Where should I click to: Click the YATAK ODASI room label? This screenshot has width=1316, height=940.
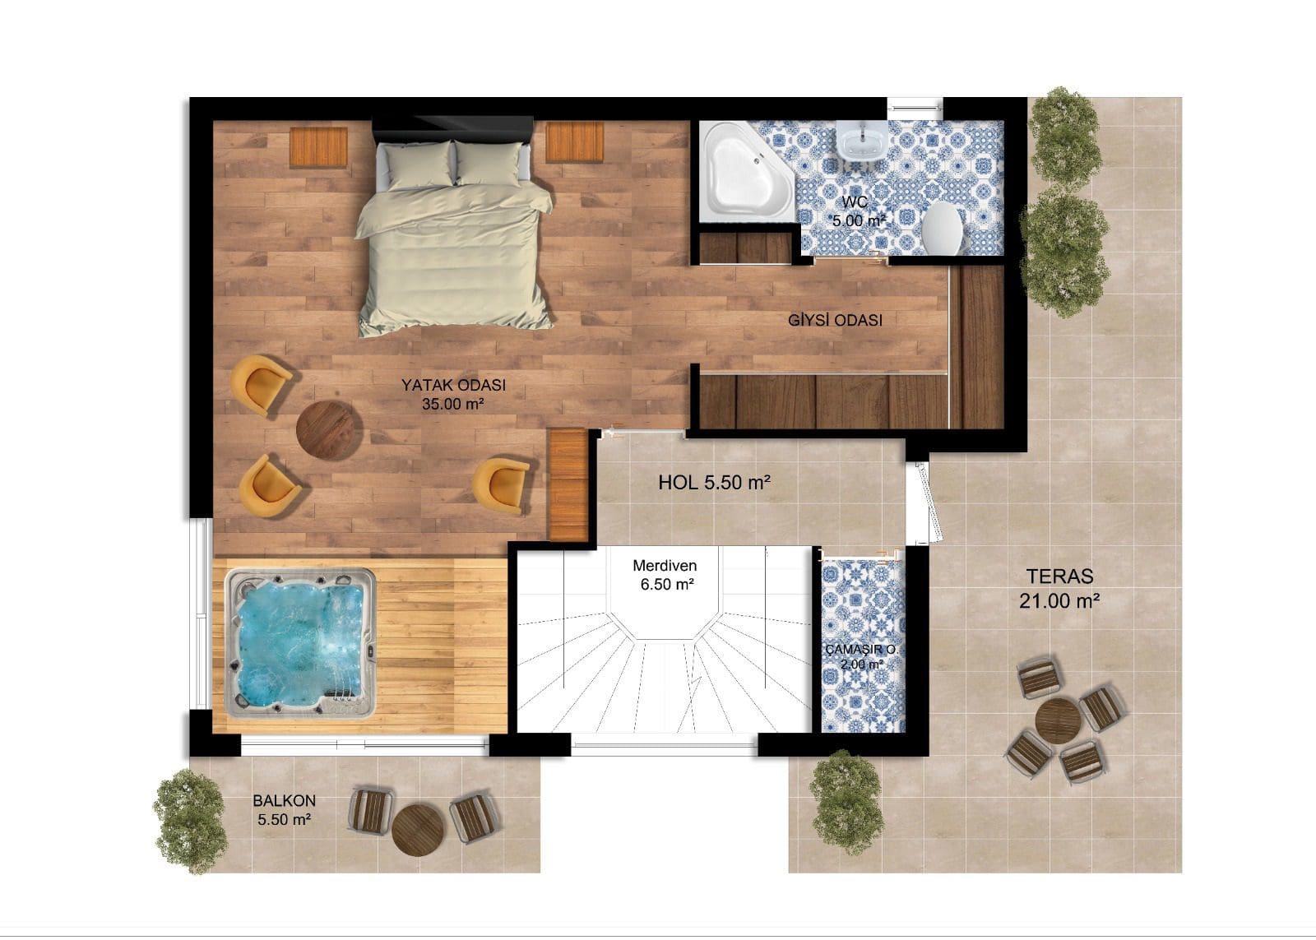pyautogui.click(x=453, y=385)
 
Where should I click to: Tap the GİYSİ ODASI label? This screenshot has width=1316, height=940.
pyautogui.click(x=835, y=320)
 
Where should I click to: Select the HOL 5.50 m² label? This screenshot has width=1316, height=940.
pyautogui.click(x=714, y=483)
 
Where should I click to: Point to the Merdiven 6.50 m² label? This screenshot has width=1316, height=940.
pyautogui.click(x=665, y=575)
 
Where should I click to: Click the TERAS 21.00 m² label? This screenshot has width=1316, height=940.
pyautogui.click(x=1059, y=588)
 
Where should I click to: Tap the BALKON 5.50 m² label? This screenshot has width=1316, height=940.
pyautogui.click(x=285, y=809)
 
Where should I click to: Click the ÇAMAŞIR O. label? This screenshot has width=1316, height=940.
pyautogui.click(x=862, y=650)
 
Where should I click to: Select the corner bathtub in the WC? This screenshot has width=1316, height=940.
pyautogui.click(x=745, y=172)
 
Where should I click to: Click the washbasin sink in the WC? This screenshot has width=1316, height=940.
pyautogui.click(x=860, y=141)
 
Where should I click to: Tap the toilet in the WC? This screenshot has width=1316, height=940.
pyautogui.click(x=942, y=229)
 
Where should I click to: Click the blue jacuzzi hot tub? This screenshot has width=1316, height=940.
pyautogui.click(x=300, y=643)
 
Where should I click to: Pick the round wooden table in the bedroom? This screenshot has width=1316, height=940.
pyautogui.click(x=328, y=430)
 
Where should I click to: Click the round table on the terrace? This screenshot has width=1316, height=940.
pyautogui.click(x=1058, y=721)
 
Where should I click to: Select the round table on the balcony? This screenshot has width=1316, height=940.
pyautogui.click(x=419, y=830)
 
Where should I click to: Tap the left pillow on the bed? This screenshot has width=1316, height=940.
pyautogui.click(x=419, y=165)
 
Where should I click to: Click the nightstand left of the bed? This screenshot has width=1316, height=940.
pyautogui.click(x=318, y=147)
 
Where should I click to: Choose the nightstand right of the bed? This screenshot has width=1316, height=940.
pyautogui.click(x=575, y=141)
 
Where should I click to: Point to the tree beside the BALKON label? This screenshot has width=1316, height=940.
pyautogui.click(x=190, y=822)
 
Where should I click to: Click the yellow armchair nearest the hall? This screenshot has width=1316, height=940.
pyautogui.click(x=502, y=485)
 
